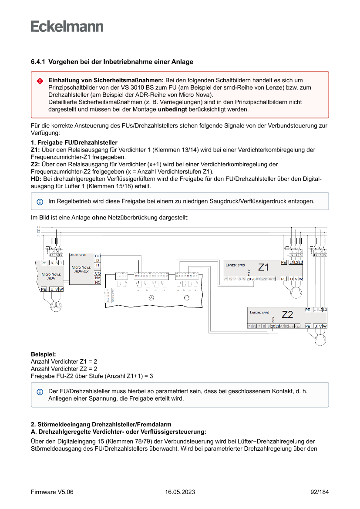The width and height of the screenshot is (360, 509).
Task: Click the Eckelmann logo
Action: coord(67,27)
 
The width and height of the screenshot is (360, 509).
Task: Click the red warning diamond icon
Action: coord(40,81)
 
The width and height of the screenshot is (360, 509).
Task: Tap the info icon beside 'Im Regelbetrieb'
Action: coord(40,202)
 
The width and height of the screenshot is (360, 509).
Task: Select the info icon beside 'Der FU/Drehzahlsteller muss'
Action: coord(40,392)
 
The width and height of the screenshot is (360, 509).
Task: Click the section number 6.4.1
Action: coord(38,62)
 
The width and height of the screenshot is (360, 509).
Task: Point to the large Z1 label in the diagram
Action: coord(264,267)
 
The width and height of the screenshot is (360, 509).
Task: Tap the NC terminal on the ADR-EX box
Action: coord(98,283)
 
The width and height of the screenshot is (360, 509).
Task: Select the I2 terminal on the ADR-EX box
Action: coord(98,260)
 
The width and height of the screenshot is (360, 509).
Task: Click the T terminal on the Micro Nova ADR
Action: coord(61,263)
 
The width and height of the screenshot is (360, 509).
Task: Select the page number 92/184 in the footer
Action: coord(320,492)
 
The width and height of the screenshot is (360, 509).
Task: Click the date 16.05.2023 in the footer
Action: coord(180,492)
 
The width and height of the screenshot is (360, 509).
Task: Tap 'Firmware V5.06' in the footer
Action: coord(52,492)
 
